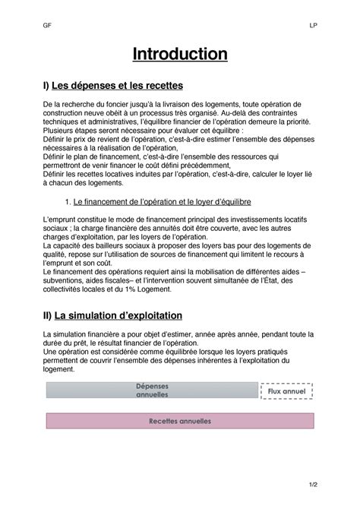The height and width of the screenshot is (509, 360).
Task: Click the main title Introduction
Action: click(180, 55)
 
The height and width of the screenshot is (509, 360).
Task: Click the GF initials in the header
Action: click(47, 24)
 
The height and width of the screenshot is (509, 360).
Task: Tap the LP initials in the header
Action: click(313, 24)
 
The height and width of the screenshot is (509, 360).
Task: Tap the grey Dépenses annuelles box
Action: click(152, 390)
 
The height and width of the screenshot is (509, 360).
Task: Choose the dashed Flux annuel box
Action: click(286, 390)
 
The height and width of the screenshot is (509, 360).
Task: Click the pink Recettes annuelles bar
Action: click(180, 421)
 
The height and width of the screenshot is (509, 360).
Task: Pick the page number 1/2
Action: click(312, 483)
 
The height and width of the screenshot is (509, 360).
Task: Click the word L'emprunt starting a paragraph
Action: click(61, 219)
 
